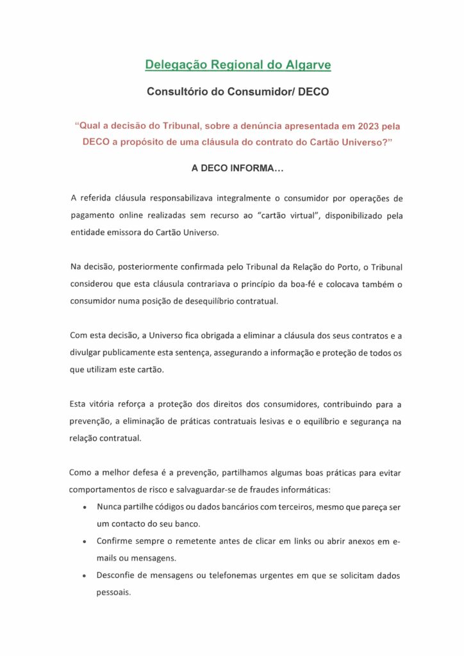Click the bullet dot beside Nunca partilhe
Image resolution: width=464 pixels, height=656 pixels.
click(x=85, y=507)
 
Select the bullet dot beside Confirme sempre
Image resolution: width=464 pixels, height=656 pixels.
click(x=85, y=542)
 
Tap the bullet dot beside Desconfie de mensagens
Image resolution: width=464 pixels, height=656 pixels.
click(x=85, y=576)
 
